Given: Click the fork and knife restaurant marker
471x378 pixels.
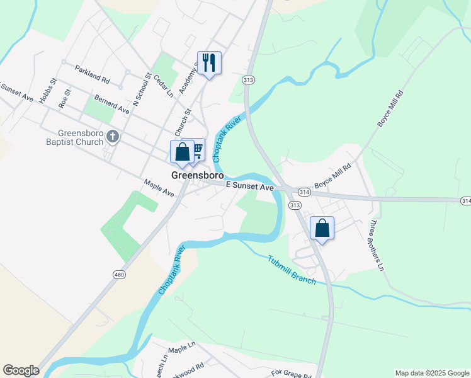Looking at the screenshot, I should pyautogui.click(x=209, y=63).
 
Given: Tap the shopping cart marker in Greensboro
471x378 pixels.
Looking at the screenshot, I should pyautogui.click(x=197, y=150).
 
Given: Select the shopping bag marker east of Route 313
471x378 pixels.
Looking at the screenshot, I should pyautogui.click(x=322, y=228).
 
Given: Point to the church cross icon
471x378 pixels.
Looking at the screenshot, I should pyautogui.click(x=113, y=136).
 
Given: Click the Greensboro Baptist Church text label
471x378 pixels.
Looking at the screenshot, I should pyautogui.click(x=80, y=137).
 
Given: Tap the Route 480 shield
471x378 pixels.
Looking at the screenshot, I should pyautogui.click(x=119, y=274).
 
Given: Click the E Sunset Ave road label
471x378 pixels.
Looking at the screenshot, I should pyautogui.click(x=249, y=187).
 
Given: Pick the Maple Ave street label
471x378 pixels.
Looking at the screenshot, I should pyautogui.click(x=159, y=187).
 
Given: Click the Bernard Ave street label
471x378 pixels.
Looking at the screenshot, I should pyautogui.click(x=111, y=105).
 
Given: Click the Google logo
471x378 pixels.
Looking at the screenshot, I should pyautogui.click(x=21, y=370).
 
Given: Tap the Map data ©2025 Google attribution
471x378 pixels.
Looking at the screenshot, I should pyautogui.click(x=432, y=373).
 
